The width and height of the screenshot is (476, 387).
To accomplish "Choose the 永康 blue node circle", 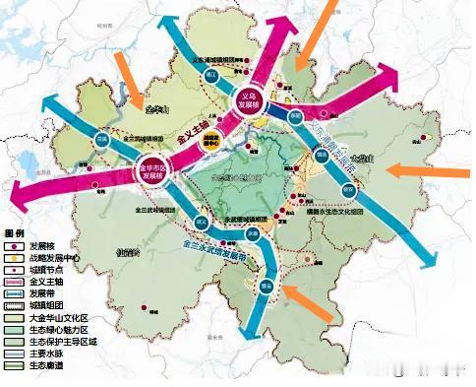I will [253, 236].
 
